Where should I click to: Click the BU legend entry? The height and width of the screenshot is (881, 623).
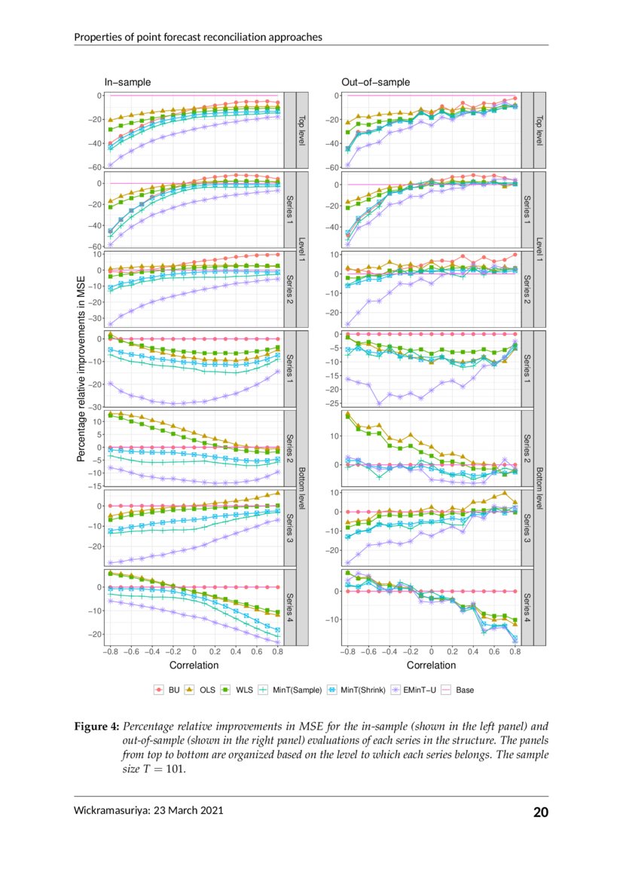pyautogui.click(x=166, y=690)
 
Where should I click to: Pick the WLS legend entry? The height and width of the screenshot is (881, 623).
pyautogui.click(x=237, y=690)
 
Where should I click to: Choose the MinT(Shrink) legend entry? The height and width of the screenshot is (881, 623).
pyautogui.click(x=355, y=690)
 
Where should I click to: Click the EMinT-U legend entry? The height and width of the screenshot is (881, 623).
pyautogui.click(x=417, y=690)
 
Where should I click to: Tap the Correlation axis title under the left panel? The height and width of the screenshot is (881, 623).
pyautogui.click(x=194, y=665)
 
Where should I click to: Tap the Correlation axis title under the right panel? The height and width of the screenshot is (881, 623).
pyautogui.click(x=431, y=665)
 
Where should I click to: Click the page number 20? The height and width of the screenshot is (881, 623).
pyautogui.click(x=541, y=812)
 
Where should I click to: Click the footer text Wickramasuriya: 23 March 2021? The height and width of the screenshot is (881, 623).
pyautogui.click(x=148, y=811)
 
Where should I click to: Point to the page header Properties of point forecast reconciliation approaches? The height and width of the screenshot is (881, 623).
pyautogui.click(x=198, y=37)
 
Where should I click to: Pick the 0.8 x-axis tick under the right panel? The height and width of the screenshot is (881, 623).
pyautogui.click(x=515, y=652)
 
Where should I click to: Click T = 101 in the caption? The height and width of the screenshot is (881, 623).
pyautogui.click(x=160, y=769)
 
